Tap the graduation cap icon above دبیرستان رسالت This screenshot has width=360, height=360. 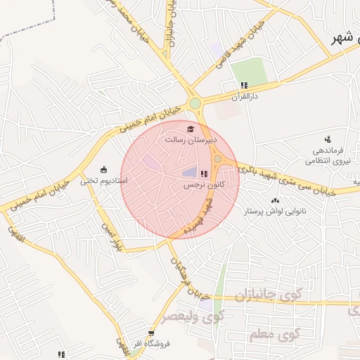(190, 129)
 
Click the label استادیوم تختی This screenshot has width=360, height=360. (104, 180)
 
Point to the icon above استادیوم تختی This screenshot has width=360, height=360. (104, 169)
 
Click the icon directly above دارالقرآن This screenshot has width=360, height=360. (243, 85)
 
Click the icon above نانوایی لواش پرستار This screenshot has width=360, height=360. (274, 201)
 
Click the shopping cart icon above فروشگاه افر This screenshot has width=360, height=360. (150, 333)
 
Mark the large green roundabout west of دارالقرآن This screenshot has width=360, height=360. (195, 104)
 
